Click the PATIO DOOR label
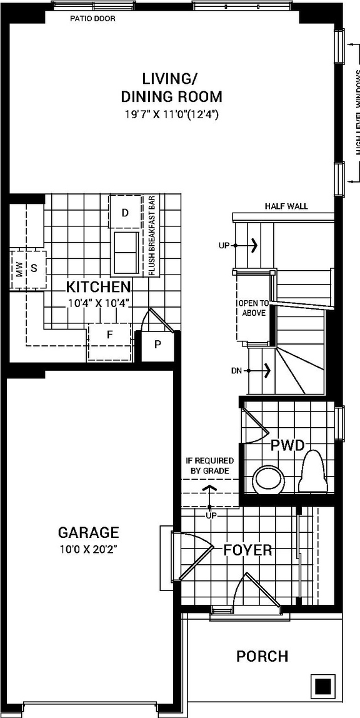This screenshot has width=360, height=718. click(x=92, y=19)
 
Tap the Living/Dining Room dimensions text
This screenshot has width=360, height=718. click(x=171, y=115)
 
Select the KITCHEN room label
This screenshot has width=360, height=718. click(x=99, y=288)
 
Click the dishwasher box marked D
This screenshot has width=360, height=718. click(x=125, y=213)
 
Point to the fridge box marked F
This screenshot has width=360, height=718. click(x=109, y=335)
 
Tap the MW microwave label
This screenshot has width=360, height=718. click(x=19, y=270)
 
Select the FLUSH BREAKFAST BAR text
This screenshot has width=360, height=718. click(x=151, y=236)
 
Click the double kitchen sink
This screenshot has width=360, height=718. click(x=126, y=253)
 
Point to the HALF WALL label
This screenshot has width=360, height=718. click(x=286, y=206)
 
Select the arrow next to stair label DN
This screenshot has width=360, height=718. click(x=267, y=371)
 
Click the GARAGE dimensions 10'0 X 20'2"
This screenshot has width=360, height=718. click(x=88, y=550)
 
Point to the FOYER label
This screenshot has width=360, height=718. click(x=248, y=550)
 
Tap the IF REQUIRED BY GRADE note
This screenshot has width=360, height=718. click(x=209, y=465)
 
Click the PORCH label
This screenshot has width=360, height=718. click(x=262, y=657)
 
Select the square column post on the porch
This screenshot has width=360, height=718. click(x=322, y=686)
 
